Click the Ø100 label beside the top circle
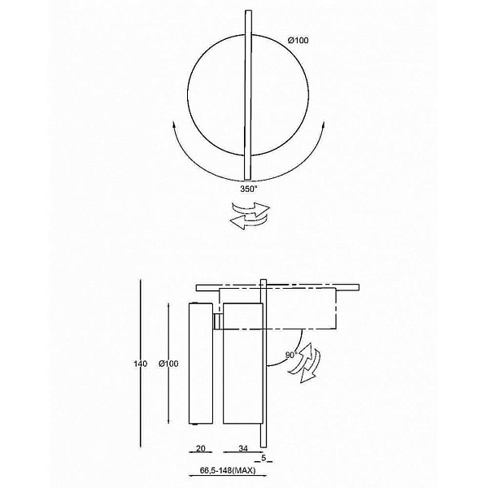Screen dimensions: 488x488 point(298,40)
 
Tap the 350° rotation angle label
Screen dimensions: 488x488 point(249,189)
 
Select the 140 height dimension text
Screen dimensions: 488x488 point(141,364)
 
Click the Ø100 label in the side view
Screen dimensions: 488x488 point(168,364)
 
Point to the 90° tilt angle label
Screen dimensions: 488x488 point(291,355)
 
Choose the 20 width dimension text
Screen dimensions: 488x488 point(201,448)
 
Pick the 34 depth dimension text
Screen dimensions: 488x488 point(243,448)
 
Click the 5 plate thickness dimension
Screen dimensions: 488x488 point(264,458)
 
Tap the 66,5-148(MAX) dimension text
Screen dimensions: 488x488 point(228,470)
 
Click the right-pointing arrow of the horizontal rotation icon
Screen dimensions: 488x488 point(252,209)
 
